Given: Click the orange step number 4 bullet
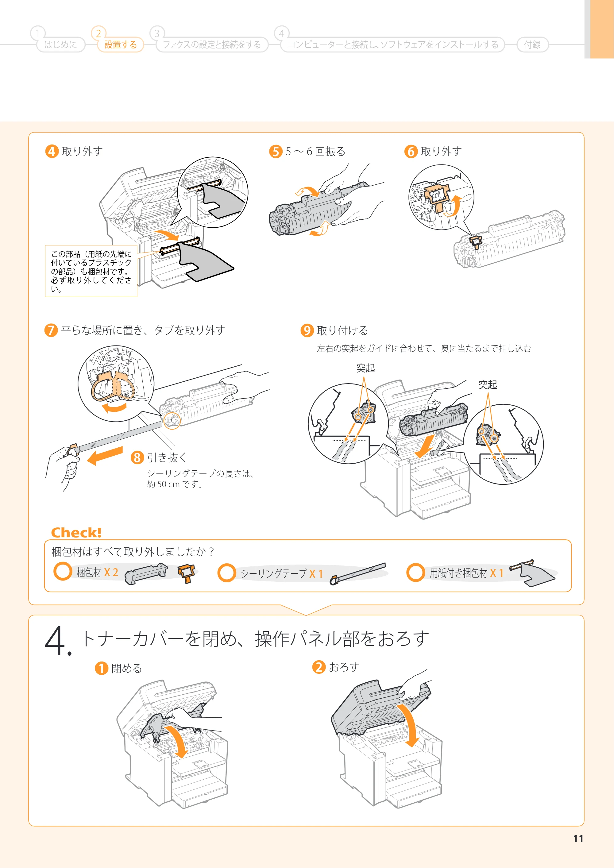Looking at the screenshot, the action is click(52, 152).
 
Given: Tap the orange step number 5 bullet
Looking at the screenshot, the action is click(276, 152).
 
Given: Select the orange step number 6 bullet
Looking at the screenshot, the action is click(411, 152).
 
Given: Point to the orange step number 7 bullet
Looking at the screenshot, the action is click(51, 330).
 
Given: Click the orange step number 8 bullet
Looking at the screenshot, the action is click(137, 457).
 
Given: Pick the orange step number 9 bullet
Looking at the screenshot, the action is click(307, 330).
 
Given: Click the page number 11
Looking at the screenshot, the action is click(578, 839).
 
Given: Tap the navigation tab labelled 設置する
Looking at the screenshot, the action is click(121, 44).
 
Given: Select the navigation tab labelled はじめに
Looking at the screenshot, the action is click(60, 44).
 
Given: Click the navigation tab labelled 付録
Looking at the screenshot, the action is click(532, 44).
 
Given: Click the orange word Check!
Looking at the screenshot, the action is click(76, 532).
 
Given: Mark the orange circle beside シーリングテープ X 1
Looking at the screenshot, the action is click(227, 573).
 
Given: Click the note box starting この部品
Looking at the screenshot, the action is click(91, 271).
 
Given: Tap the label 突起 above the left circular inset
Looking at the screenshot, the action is click(365, 368).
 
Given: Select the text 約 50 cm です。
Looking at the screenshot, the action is click(175, 484).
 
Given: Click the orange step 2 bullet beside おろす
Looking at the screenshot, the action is click(319, 667).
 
